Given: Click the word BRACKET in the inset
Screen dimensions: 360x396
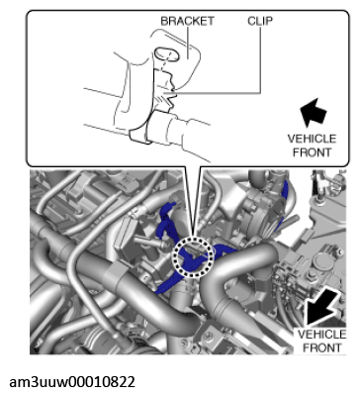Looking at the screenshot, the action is (x=187, y=21).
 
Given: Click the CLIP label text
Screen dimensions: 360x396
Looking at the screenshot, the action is (x=260, y=21).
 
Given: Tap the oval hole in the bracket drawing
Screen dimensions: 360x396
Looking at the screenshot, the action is (x=167, y=54).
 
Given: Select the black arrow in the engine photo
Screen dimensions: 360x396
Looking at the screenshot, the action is (x=321, y=307).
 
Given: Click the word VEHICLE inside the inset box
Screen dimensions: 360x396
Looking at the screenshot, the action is (x=312, y=139).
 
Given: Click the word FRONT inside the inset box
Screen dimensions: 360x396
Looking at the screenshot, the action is (x=312, y=152).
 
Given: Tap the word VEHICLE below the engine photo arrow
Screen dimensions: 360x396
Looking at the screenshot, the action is (x=321, y=334).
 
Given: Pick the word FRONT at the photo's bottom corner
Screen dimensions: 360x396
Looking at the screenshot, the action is (x=321, y=347).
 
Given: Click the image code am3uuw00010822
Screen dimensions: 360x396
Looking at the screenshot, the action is (x=72, y=382).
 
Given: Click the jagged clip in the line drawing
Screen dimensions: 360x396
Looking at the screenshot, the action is (x=165, y=93).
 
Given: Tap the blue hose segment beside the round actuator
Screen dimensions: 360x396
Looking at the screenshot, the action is (x=285, y=205).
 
